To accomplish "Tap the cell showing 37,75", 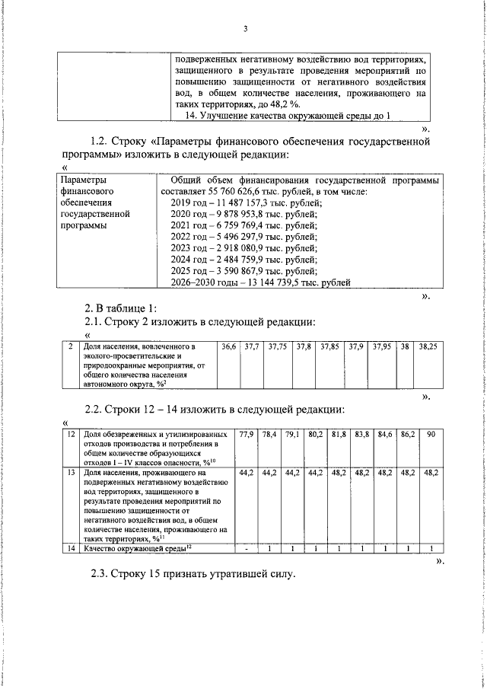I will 277,346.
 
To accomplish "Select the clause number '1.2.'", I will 101,142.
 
